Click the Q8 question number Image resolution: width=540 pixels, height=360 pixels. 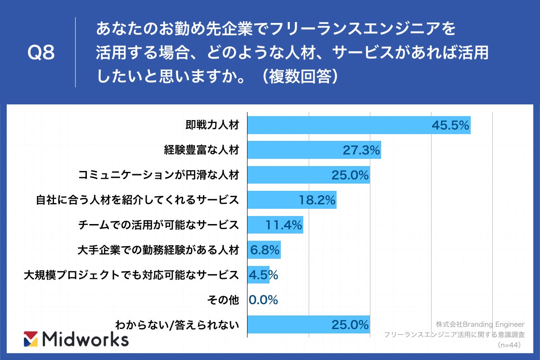[x=41, y=53]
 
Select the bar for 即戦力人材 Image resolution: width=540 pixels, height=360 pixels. [x=337, y=125]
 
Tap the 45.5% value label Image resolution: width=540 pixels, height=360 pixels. [x=450, y=125]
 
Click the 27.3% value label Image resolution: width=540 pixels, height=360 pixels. [x=361, y=150]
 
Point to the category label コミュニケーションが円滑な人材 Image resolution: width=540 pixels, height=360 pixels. [x=158, y=175]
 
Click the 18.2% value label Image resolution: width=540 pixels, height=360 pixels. [x=317, y=200]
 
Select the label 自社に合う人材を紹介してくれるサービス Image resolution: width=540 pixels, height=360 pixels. [x=137, y=200]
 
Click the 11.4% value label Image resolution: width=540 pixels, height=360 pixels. [x=283, y=225]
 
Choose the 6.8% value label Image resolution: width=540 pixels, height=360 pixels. [x=265, y=250]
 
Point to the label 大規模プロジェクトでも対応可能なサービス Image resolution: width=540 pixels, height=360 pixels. [x=131, y=275]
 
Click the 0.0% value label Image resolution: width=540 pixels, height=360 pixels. [x=263, y=300]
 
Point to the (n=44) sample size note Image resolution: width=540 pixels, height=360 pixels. [x=509, y=345]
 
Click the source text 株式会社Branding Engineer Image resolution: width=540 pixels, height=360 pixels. [x=480, y=324]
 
